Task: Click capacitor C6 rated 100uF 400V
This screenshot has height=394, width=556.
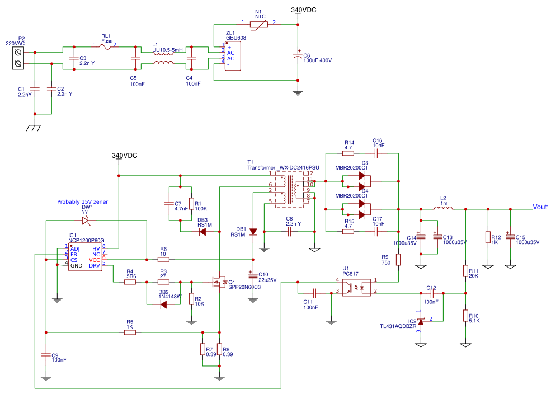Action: [298, 56]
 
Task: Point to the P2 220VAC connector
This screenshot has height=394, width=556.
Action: [20, 58]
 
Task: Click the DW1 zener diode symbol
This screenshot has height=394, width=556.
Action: [86, 221]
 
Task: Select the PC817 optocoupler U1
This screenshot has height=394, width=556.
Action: [356, 285]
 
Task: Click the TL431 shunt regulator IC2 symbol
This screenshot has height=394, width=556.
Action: [420, 321]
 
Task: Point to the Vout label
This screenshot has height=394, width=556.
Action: [540, 207]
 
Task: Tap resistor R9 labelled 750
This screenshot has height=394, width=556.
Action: [398, 260]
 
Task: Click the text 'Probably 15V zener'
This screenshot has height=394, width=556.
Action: [82, 201]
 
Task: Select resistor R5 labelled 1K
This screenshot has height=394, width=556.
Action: [130, 332]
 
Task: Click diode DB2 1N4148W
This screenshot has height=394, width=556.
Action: [163, 304]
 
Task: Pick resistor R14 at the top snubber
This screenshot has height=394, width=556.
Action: [349, 153]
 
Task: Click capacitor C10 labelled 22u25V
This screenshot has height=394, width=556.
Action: [253, 275]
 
